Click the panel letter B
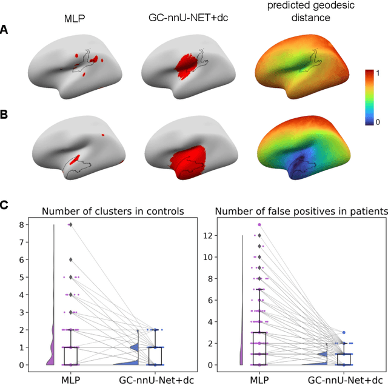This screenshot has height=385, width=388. coord(5,113)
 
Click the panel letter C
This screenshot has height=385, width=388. coord(5,205)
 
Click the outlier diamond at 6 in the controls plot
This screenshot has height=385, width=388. coord(70,259)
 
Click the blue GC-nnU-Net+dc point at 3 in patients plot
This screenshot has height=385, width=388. coord(343,333)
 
